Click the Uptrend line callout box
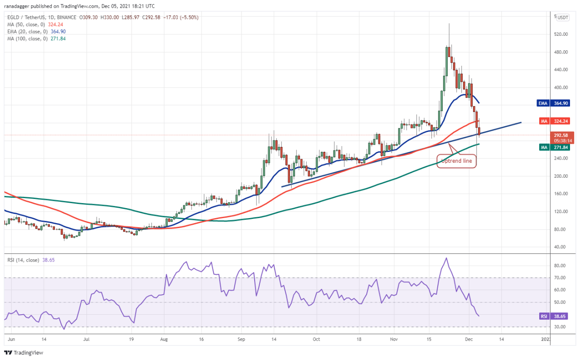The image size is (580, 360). [456, 161]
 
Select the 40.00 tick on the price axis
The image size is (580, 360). [560, 247]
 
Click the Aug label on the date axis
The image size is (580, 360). [164, 339]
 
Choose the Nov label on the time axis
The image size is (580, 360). [394, 339]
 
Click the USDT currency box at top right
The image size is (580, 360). [563, 17]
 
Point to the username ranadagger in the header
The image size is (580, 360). [16, 6]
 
